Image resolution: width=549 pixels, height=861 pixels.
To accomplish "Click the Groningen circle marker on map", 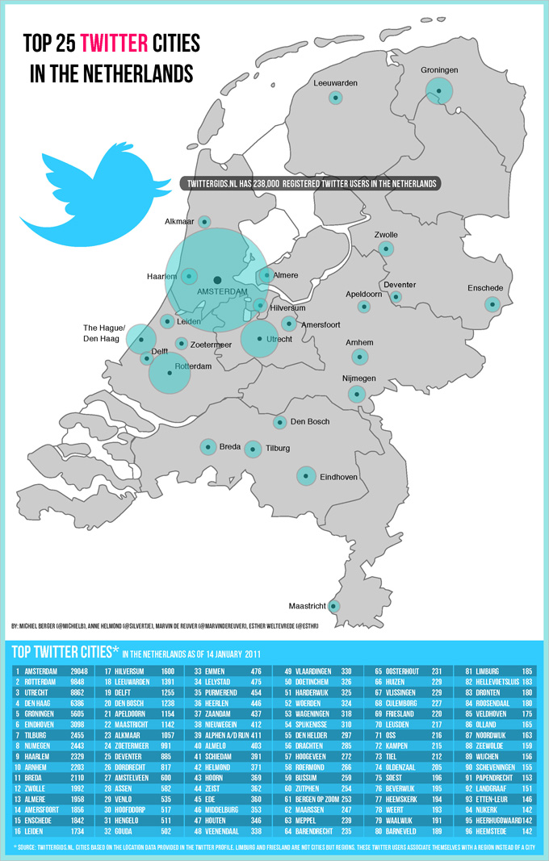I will click(x=439, y=91).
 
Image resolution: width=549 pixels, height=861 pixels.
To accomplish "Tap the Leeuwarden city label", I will click(x=335, y=83).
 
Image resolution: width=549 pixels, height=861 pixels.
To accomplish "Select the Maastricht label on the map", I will click(x=308, y=606).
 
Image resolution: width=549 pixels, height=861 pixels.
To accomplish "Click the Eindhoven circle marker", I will click(x=306, y=476).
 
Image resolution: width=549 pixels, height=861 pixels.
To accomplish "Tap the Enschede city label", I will click(x=485, y=288).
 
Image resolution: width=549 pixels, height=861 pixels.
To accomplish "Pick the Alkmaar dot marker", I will click(x=205, y=221).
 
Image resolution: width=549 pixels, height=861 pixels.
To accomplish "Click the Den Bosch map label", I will click(x=310, y=422).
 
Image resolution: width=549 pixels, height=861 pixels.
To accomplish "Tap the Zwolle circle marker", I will click(x=388, y=249).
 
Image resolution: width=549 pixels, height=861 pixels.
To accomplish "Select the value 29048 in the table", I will click(x=78, y=671).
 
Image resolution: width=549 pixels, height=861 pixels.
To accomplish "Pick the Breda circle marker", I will click(x=207, y=446).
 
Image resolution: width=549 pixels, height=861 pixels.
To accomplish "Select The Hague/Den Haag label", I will click(x=104, y=333).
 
